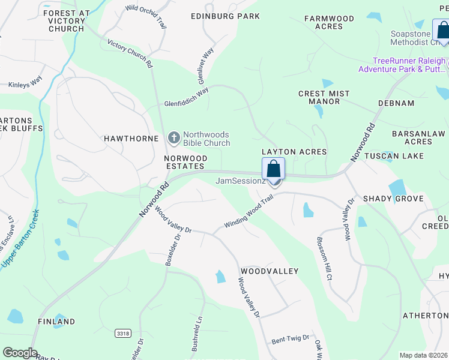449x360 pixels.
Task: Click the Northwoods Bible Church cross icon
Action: [174, 139]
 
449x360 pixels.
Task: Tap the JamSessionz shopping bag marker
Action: [273, 169]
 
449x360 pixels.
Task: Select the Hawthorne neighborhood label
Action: [131, 139]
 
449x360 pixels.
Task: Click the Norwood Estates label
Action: [186, 162]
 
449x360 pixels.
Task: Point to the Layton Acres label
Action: [294, 152]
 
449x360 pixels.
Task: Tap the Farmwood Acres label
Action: [329, 23]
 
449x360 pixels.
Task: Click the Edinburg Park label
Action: [225, 16]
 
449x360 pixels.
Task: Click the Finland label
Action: [56, 322]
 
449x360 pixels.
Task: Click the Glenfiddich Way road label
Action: [186, 97]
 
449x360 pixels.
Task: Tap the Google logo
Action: [20, 353]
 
